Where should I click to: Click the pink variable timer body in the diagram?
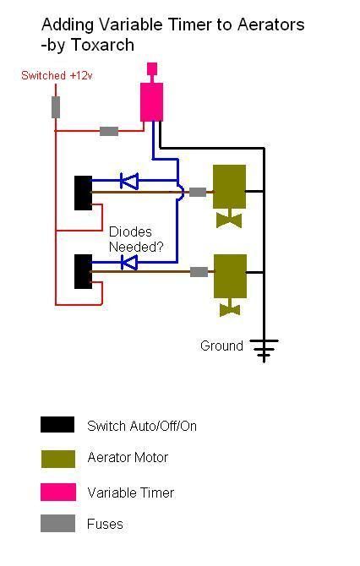tap(151, 102)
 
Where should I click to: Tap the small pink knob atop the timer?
tap(152, 68)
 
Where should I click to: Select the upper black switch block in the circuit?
tap(83, 193)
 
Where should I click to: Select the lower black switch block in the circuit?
tap(83, 271)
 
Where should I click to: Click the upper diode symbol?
tap(129, 181)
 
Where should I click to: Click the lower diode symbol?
tap(129, 263)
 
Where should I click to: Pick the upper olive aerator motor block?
tap(229, 187)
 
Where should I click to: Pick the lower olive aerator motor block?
tap(230, 276)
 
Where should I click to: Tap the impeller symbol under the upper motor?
tap(229, 220)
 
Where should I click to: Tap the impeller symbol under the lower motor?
tap(230, 309)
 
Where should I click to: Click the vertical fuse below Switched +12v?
tap(56, 107)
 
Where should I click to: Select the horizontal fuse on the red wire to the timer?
tap(109, 131)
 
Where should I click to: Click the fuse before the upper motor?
tap(198, 192)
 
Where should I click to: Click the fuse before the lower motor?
tap(199, 272)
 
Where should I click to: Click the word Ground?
tap(221, 346)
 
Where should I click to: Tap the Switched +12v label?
tap(57, 75)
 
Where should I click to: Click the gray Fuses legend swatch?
tap(57, 523)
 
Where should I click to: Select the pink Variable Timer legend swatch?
tap(58, 492)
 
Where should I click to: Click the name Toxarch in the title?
tap(102, 45)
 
